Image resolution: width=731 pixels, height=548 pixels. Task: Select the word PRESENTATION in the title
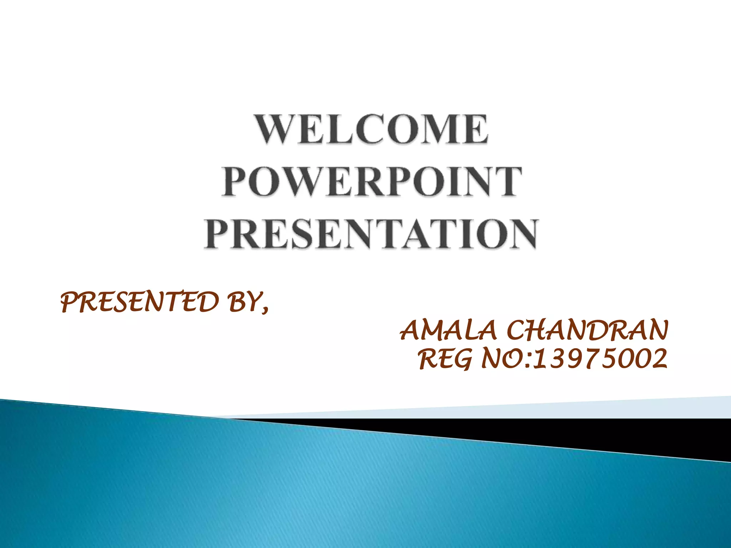click(x=371, y=234)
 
